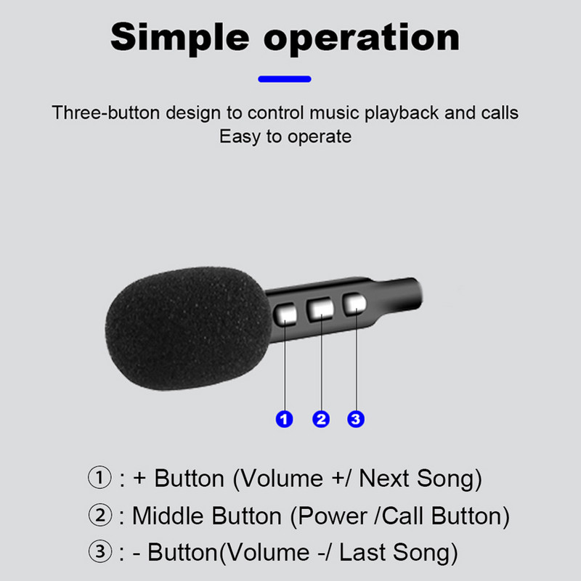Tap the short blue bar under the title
click(285, 78)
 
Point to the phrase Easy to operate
click(285, 137)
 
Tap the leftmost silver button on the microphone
click(285, 312)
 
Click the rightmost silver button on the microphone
click(354, 304)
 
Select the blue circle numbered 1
click(285, 419)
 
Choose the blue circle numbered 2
click(320, 419)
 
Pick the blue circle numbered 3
click(355, 419)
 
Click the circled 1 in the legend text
click(100, 479)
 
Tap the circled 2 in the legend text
click(100, 516)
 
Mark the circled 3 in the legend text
click(100, 553)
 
